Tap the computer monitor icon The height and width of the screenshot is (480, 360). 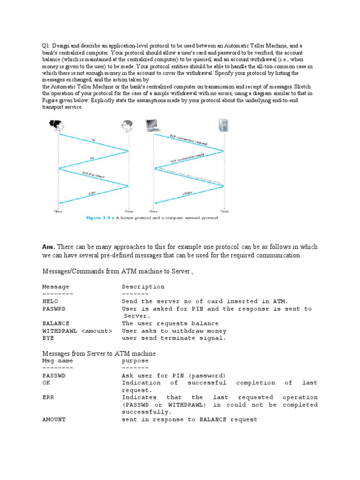153,124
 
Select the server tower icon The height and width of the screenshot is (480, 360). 224,125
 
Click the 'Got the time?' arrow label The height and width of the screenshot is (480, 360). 93,176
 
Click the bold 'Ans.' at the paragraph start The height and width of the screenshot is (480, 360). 49,247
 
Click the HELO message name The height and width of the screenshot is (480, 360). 50,301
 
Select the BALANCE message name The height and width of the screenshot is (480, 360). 56,323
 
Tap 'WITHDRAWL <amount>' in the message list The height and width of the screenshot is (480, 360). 77,331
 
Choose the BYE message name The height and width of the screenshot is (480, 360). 48,338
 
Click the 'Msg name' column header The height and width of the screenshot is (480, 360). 58,361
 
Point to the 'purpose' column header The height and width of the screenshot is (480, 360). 135,361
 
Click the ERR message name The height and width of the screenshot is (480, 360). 48,397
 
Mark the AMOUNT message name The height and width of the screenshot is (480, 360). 54,420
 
